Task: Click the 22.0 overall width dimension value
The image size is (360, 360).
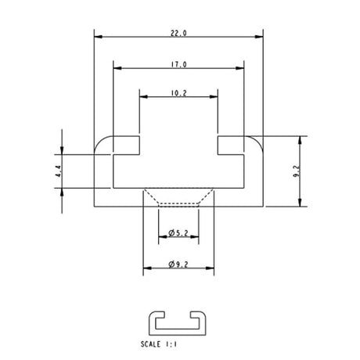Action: point(178,33)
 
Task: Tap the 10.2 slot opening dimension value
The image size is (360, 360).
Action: point(178,93)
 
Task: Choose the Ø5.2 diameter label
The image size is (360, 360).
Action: point(178,232)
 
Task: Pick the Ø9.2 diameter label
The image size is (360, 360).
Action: point(178,265)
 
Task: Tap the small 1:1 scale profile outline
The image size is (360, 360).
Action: point(178,321)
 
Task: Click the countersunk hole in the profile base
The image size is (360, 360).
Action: point(178,196)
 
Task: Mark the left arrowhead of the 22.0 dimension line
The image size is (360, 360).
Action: point(97,36)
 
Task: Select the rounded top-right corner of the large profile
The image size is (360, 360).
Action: point(258,140)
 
